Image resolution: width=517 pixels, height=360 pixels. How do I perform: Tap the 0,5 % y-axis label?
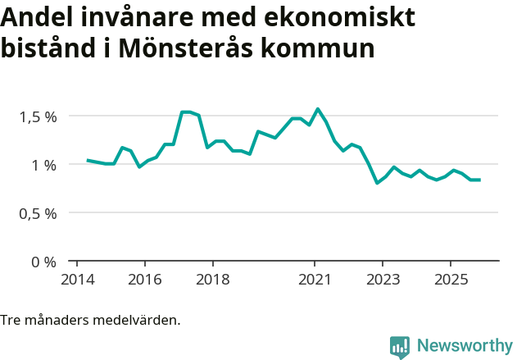pos(39,213)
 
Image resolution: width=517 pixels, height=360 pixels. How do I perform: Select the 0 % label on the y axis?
pos(44,262)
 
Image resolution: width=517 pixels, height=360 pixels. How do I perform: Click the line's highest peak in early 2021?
pos(318,109)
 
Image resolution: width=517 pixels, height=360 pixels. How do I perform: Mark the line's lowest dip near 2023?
pos(377,183)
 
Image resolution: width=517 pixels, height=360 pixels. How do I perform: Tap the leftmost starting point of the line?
pos(88,160)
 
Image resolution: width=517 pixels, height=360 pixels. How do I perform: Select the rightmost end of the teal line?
pos(479,180)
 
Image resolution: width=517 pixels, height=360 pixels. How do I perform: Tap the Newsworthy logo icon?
pos(400,347)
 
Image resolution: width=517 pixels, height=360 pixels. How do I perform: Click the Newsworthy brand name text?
pos(465,346)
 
